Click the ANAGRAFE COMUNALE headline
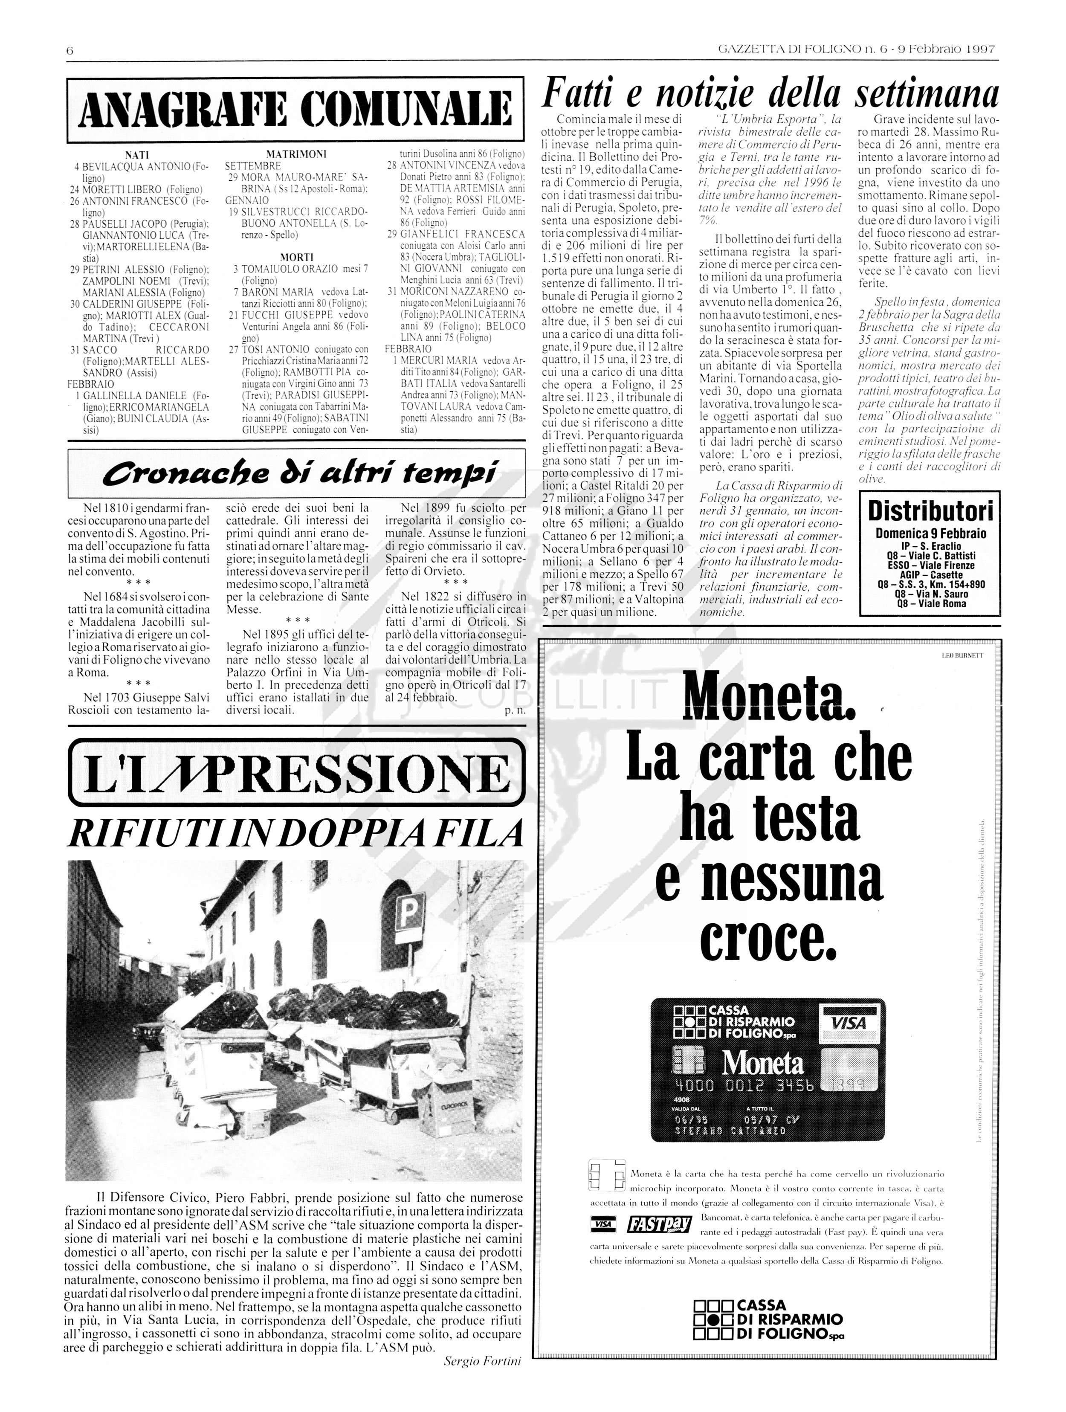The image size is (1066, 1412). (x=295, y=109)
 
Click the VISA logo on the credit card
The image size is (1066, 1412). (x=849, y=1023)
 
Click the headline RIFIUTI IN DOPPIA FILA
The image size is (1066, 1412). (x=295, y=832)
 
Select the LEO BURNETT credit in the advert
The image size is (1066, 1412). (x=962, y=655)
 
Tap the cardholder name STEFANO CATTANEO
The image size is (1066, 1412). (x=730, y=1131)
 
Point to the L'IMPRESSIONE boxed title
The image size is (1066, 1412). (x=295, y=773)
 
